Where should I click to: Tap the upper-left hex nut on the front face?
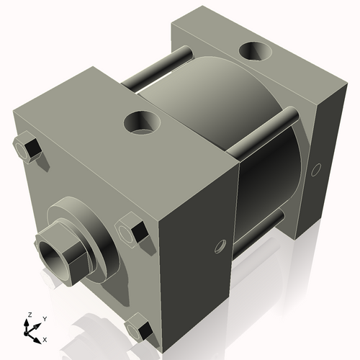27,148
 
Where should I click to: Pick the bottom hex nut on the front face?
141,330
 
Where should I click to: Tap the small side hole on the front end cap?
220,246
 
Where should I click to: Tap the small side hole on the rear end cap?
315,171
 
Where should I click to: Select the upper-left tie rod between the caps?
155,71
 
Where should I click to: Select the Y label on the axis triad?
44,318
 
